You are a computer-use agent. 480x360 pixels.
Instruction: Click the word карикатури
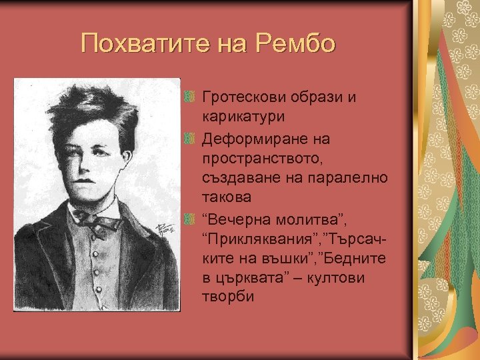pos(243,116)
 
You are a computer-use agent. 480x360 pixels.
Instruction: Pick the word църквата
pos(255,276)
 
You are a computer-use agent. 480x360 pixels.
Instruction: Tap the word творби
pos(227,295)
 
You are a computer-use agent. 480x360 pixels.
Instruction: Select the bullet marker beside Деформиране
pos(190,141)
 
